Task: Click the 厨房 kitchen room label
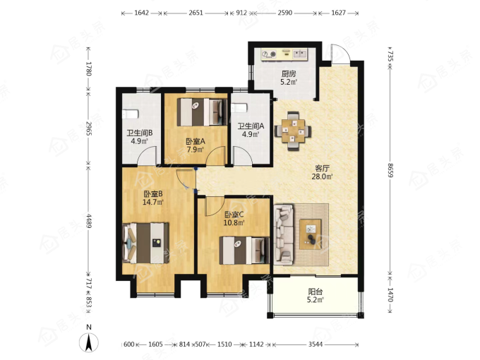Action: point(289,74)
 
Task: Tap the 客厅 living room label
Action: point(322,169)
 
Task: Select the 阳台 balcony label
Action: point(315,292)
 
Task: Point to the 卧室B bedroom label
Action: point(152,194)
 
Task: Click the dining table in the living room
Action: point(293,131)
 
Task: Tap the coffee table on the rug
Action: point(311,234)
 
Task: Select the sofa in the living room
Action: point(284,235)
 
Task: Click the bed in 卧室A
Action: point(202,112)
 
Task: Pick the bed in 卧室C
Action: point(244,251)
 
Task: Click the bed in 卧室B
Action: point(145,243)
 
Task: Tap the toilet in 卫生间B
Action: point(130,114)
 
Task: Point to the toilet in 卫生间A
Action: point(239,108)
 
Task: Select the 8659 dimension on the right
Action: point(390,170)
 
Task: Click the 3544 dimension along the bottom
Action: point(316,344)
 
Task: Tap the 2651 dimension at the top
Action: point(196,13)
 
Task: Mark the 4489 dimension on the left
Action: point(89,220)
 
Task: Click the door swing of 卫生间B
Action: point(147,156)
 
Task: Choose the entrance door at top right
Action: point(340,54)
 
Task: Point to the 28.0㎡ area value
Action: point(322,176)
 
